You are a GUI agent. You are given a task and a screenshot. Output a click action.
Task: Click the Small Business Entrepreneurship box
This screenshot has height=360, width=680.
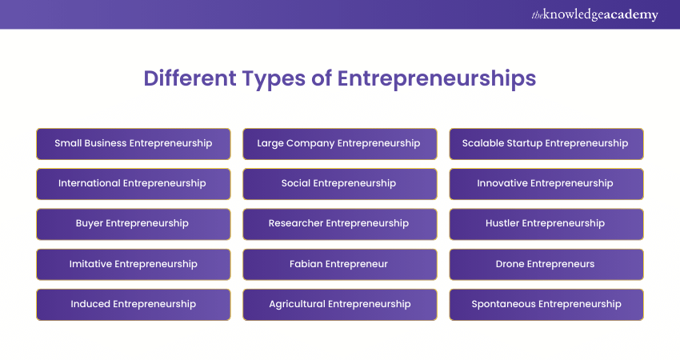[134, 144]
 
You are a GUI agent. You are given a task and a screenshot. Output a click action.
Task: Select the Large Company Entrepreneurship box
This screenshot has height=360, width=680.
[339, 144]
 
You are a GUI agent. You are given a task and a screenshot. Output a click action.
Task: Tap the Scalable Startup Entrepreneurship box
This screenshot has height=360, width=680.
[546, 144]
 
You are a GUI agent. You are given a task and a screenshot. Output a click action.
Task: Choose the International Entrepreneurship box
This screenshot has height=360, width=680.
[134, 184]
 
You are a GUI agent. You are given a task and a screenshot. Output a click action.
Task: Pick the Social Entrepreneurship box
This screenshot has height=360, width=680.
[339, 184]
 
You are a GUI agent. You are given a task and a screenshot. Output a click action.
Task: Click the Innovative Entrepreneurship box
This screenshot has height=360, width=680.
[546, 184]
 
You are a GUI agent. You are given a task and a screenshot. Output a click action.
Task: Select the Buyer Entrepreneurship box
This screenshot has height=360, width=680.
[134, 224]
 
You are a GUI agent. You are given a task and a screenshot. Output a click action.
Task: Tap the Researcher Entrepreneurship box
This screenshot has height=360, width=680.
[339, 224]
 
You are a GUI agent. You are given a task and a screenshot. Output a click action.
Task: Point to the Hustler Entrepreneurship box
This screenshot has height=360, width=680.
[546, 224]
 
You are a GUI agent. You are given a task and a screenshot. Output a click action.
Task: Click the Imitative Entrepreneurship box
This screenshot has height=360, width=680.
[134, 264]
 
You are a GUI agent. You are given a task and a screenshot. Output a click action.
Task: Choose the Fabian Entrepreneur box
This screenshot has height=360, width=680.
[339, 264]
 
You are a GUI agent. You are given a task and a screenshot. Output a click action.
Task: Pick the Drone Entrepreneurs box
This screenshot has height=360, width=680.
[546, 264]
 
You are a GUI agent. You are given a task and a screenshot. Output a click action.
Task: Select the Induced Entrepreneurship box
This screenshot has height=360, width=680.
[134, 305]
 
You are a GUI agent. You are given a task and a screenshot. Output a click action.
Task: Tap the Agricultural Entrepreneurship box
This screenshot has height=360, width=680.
[339, 305]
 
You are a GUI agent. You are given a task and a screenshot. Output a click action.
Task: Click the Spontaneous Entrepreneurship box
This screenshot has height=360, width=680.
[546, 305]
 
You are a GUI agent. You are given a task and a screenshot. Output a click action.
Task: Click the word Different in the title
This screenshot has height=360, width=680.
[190, 78]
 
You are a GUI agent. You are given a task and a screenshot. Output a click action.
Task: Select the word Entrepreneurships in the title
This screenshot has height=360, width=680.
[437, 79]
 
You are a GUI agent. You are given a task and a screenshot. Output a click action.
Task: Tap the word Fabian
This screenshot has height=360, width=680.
[306, 264]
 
